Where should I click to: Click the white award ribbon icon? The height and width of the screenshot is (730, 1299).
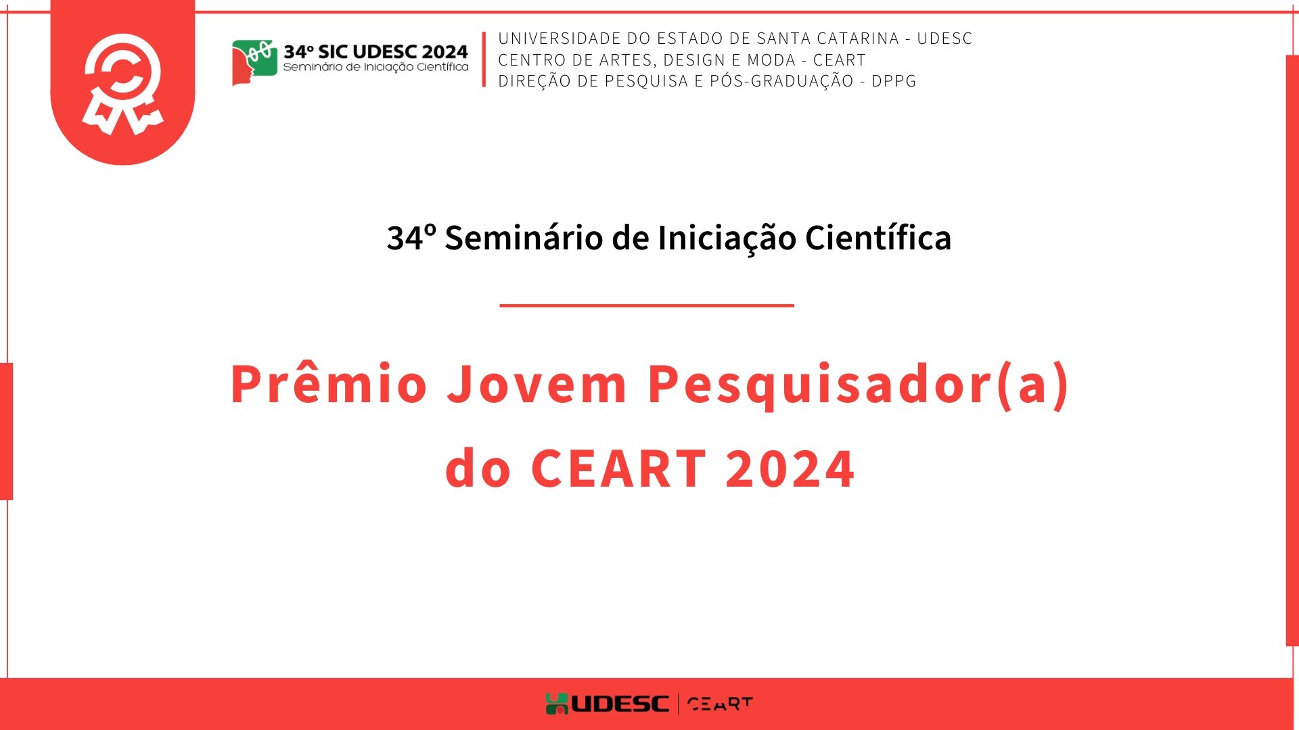pyautogui.click(x=122, y=84)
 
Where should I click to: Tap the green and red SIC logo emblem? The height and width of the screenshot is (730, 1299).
pyautogui.click(x=254, y=62)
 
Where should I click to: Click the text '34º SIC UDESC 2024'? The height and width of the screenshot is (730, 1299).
pyautogui.click(x=375, y=51)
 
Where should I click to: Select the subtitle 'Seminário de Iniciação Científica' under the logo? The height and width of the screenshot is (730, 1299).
pyautogui.click(x=375, y=67)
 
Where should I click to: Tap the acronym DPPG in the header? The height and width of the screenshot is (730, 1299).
pyautogui.click(x=894, y=81)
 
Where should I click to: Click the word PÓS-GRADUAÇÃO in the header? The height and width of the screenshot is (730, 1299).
pyautogui.click(x=781, y=80)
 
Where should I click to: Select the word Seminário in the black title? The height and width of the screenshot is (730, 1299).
pyautogui.click(x=524, y=238)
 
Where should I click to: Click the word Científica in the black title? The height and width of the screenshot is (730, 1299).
pyautogui.click(x=878, y=238)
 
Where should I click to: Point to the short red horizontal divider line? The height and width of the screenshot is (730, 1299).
pyautogui.click(x=647, y=306)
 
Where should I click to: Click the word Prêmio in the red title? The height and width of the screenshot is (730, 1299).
pyautogui.click(x=329, y=383)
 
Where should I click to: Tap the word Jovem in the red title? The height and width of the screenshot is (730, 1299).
pyautogui.click(x=537, y=383)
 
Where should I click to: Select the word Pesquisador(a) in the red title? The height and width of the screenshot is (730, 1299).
pyautogui.click(x=859, y=385)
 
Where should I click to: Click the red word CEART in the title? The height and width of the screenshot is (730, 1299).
pyautogui.click(x=618, y=468)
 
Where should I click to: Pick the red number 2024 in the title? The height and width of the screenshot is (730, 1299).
pyautogui.click(x=790, y=468)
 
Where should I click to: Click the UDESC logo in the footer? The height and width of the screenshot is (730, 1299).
pyautogui.click(x=608, y=704)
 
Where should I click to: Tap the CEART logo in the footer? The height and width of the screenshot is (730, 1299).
pyautogui.click(x=720, y=704)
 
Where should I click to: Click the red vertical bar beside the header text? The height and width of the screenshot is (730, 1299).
pyautogui.click(x=484, y=59)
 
